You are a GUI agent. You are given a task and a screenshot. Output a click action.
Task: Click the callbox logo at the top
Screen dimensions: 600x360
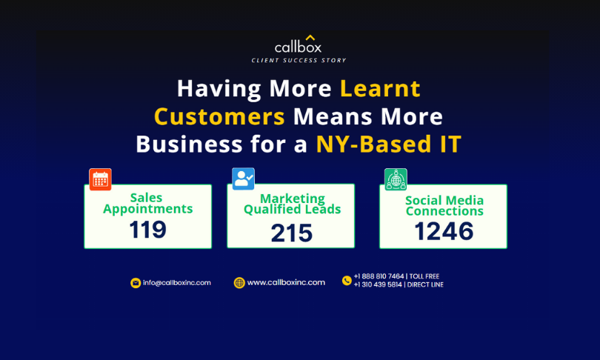(298, 44)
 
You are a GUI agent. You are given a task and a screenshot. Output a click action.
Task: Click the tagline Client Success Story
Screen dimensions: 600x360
(299, 61)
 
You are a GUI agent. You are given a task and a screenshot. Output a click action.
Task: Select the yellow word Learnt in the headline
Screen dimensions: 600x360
(380, 88)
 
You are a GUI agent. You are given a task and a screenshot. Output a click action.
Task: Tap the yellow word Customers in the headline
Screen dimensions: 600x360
(219, 116)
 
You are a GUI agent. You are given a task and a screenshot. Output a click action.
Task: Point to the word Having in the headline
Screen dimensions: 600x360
(219, 88)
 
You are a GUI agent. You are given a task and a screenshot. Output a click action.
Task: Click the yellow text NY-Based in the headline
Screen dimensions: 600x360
(374, 144)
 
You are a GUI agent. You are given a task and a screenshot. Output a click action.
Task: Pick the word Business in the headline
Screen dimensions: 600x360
(190, 144)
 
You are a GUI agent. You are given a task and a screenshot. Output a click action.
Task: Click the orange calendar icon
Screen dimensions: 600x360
(100, 179)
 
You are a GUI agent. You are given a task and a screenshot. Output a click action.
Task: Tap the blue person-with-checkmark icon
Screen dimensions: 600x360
(244, 179)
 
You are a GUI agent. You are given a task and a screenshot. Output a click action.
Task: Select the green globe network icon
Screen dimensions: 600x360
(396, 179)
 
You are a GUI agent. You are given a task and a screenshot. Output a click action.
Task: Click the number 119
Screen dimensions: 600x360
(147, 230)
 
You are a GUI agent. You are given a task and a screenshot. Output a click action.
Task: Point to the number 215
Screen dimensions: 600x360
(292, 233)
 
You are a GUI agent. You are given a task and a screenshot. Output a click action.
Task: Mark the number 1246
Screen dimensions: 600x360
(444, 231)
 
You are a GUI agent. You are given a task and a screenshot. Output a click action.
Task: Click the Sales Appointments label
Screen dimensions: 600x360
(147, 203)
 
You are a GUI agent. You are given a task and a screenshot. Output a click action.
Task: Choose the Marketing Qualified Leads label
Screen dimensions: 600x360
(292, 204)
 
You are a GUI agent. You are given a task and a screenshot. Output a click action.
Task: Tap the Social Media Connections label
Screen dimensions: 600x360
(444, 205)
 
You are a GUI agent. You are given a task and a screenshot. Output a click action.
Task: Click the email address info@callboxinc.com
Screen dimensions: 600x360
(177, 283)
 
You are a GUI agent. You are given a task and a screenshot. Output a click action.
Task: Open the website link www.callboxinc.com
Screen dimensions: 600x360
(286, 282)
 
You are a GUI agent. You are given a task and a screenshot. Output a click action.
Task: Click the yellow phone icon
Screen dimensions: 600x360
(347, 281)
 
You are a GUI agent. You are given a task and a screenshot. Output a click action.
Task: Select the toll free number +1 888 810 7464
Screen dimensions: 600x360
(379, 276)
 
